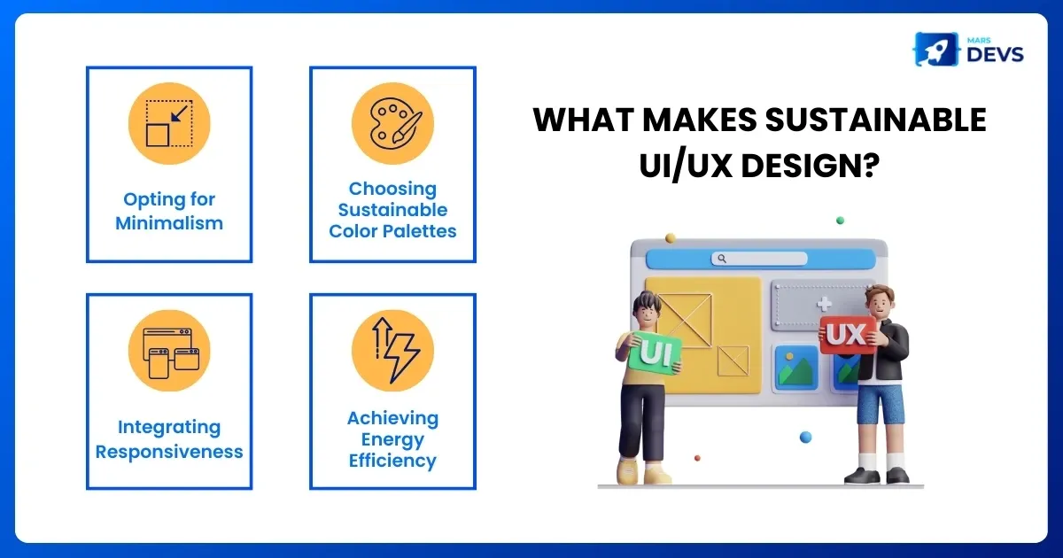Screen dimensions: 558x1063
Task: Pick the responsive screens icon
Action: (x=169, y=350)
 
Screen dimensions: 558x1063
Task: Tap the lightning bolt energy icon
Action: (x=392, y=350)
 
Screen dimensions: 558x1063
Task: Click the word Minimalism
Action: (x=169, y=223)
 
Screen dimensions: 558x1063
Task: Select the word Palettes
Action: (x=420, y=231)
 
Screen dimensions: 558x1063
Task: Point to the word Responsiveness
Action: (x=169, y=452)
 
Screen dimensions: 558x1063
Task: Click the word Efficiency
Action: (x=392, y=461)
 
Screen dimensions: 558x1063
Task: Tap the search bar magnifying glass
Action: (x=722, y=259)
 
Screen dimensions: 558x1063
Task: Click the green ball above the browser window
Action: (x=840, y=220)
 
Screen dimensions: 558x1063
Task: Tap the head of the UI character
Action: (x=647, y=307)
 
